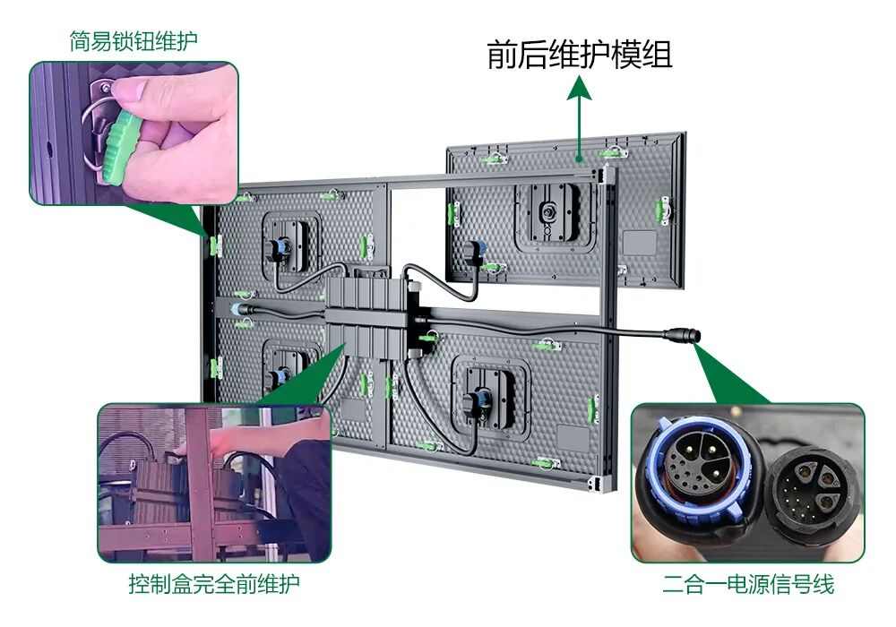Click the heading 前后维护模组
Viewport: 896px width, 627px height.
pyautogui.click(x=580, y=56)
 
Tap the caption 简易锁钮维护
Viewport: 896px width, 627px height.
pyautogui.click(x=134, y=41)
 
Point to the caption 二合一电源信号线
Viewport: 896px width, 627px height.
pyautogui.click(x=748, y=585)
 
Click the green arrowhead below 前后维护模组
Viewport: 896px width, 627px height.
pyautogui.click(x=581, y=87)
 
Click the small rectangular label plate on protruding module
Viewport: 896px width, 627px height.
pyautogui.click(x=641, y=243)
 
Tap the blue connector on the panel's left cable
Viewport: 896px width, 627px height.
pyautogui.click(x=237, y=309)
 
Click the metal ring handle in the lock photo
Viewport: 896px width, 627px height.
pyautogui.click(x=94, y=134)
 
